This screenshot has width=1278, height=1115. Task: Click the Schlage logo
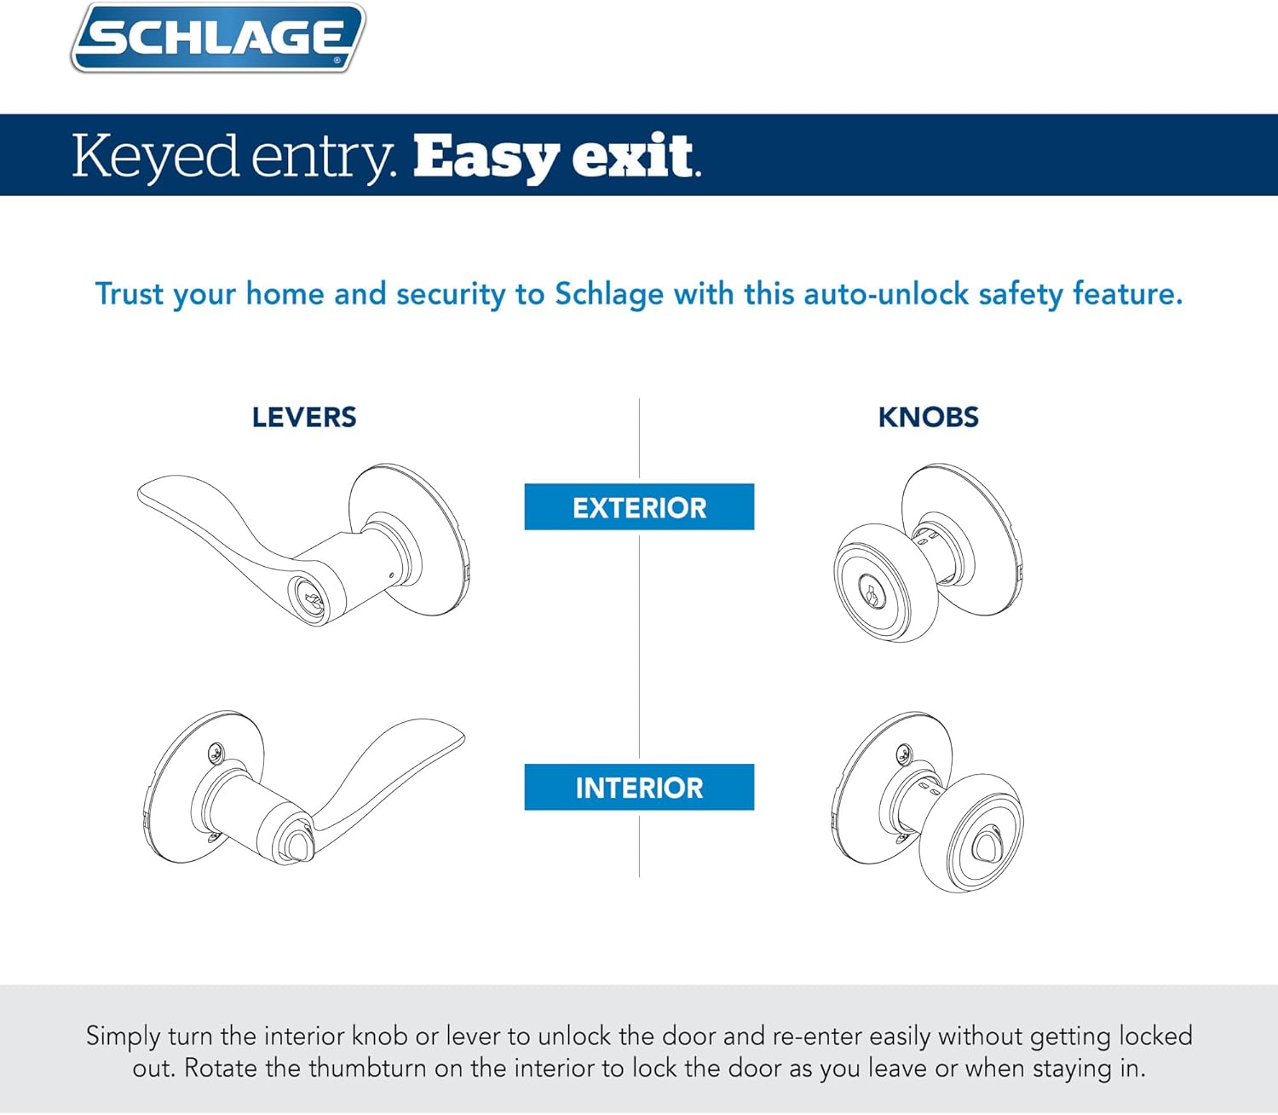point(218,38)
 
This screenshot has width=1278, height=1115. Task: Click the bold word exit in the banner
point(633,157)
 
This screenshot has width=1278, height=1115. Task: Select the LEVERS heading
point(304,418)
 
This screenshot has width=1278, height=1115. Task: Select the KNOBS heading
point(928,418)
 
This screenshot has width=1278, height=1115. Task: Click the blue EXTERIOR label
point(639,507)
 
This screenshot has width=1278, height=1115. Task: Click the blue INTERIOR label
point(639,787)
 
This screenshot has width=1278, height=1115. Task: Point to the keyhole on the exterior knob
point(871,592)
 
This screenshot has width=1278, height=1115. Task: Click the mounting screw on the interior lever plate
point(218,752)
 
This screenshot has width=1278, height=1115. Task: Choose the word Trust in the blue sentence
point(129,294)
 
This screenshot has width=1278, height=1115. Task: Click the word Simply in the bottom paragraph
point(123,1037)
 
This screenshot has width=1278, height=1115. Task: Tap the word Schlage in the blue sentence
point(608,294)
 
